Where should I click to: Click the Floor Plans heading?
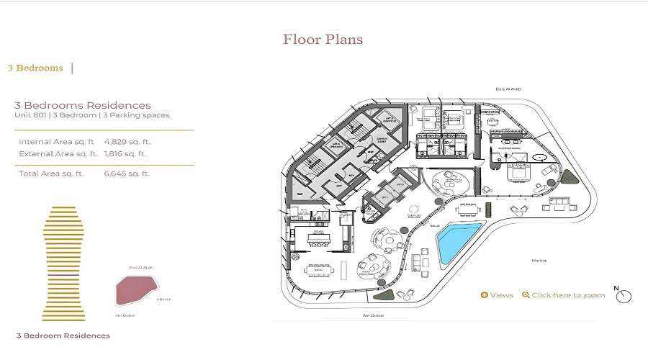point(323,39)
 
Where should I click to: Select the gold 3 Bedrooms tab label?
point(35,68)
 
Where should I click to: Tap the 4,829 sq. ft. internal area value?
point(125,142)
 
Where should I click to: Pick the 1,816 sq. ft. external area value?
point(125,153)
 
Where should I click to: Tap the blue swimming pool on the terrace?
point(459,243)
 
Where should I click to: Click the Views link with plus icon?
point(497,295)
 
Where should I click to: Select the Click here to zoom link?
point(564,295)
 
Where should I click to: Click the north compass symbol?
point(624,296)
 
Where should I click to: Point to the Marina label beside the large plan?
point(539,260)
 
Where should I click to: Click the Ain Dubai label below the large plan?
point(372,315)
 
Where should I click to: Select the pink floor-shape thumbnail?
point(134,289)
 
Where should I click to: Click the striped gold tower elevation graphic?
point(63,263)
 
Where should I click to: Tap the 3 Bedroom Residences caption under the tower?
point(63,336)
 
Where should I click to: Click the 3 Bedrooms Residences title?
point(83,106)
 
